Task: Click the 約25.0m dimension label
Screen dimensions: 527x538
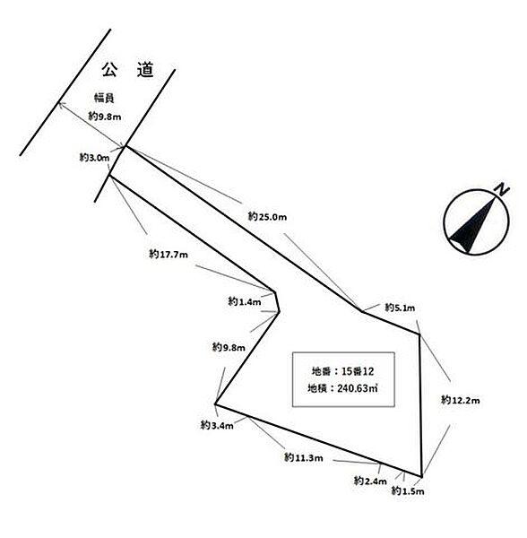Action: (267, 216)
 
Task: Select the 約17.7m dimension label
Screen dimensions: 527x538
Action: (168, 255)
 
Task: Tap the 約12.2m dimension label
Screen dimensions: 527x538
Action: (460, 400)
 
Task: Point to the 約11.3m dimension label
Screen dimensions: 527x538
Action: (304, 457)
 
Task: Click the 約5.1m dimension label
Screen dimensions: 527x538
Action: (400, 308)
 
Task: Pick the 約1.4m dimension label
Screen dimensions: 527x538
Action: (245, 301)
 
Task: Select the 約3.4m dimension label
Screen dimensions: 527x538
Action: (217, 425)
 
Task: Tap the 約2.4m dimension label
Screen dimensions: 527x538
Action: (370, 481)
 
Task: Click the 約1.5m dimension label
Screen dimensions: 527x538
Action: (408, 491)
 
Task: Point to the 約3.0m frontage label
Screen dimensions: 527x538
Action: (94, 158)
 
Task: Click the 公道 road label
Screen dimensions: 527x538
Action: (127, 70)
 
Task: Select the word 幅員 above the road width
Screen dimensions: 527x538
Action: (104, 98)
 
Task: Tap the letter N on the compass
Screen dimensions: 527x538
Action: (501, 190)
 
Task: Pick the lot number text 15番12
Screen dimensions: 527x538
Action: (358, 371)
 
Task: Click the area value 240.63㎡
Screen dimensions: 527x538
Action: (358, 388)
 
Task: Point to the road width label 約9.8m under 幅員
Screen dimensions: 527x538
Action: (105, 117)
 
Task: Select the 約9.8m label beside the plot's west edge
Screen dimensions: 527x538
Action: (229, 347)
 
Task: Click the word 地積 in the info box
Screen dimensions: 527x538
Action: (316, 388)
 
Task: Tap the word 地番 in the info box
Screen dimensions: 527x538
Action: (321, 371)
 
